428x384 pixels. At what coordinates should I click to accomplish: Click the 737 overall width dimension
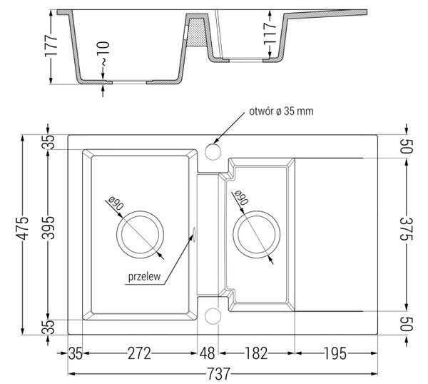[x=219, y=374]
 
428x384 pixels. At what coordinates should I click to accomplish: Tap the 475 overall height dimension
[x=21, y=228]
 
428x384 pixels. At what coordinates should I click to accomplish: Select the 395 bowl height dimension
[x=49, y=228]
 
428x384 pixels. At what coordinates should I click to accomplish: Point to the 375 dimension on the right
[x=407, y=228]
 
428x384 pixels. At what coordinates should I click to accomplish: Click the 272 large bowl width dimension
[x=139, y=353]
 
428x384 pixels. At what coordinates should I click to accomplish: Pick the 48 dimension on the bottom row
[x=207, y=353]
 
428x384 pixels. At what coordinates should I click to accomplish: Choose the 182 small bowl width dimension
[x=256, y=353]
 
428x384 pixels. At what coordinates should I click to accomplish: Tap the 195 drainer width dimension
[x=335, y=353]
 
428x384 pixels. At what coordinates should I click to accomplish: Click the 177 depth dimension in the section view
[x=51, y=46]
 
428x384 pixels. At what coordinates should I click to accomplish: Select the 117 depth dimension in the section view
[x=270, y=34]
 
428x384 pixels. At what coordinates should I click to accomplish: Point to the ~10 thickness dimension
[x=103, y=54]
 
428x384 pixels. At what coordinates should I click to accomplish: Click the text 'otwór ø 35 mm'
[x=281, y=111]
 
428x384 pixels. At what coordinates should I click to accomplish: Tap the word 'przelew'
[x=144, y=277]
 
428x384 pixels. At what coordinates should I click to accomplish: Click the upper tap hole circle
[x=213, y=151]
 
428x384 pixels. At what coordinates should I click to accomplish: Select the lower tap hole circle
[x=213, y=316]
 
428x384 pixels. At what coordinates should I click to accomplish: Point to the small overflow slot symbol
[x=193, y=234]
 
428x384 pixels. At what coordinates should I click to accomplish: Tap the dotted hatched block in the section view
[x=195, y=32]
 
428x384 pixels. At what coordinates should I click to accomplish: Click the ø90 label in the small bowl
[x=240, y=197]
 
